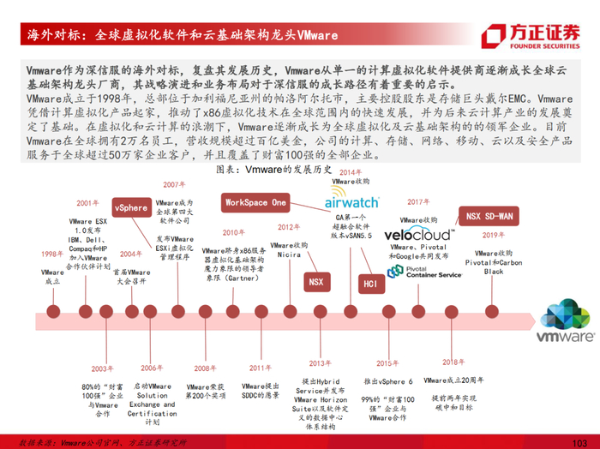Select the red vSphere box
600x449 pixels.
[131, 207]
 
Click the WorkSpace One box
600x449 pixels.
[255, 203]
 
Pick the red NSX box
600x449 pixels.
[316, 280]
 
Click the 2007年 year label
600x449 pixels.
[175, 184]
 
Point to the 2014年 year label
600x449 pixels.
[351, 172]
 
